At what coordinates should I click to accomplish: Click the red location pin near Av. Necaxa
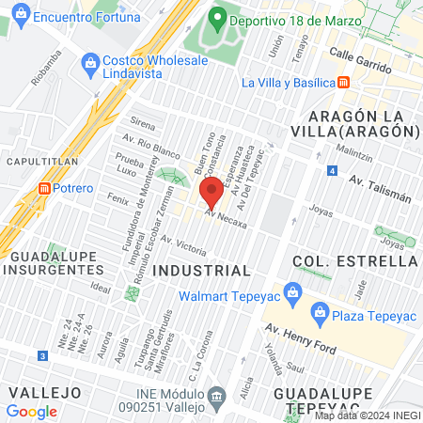point(211,192)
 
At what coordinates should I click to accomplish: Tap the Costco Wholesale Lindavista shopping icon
point(91,63)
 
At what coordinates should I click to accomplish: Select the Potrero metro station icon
point(42,188)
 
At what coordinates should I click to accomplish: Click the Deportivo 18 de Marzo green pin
point(217,17)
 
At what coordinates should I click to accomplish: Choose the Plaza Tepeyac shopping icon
point(320,311)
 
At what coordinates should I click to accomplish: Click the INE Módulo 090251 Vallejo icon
point(218,395)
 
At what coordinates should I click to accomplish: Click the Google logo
point(31,411)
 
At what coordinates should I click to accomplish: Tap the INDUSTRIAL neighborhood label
point(201,271)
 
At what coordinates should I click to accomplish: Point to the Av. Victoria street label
point(182,245)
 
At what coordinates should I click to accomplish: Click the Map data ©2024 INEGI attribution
point(367,415)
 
